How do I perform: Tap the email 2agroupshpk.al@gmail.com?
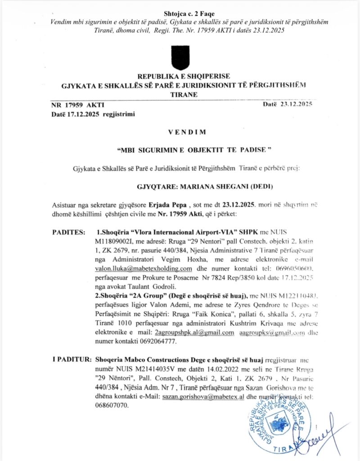tap(194, 332)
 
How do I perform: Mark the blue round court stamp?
tap(277, 423)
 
